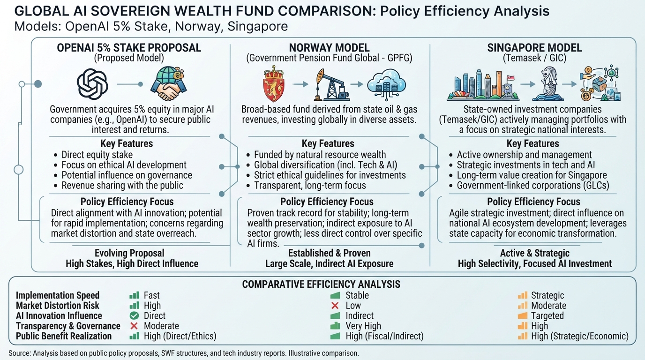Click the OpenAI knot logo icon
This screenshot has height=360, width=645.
[92, 84]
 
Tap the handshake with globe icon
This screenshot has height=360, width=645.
[168, 83]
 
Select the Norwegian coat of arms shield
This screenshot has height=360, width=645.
[274, 83]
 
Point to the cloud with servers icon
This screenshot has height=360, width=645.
[386, 84]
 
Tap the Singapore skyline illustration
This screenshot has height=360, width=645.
[483, 85]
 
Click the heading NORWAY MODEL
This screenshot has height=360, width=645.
[329, 48]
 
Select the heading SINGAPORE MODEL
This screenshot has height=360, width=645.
[534, 48]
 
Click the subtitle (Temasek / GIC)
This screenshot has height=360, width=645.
[534, 58]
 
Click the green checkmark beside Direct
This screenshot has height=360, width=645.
[134, 315]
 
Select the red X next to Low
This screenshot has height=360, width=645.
[335, 306]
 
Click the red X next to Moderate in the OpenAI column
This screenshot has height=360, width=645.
[134, 326]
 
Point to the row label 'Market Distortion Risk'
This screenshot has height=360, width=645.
[57, 306]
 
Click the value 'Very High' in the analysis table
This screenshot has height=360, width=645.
[363, 326]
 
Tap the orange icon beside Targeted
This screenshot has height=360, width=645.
[522, 315]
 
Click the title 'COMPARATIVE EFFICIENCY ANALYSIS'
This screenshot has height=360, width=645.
[321, 284]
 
